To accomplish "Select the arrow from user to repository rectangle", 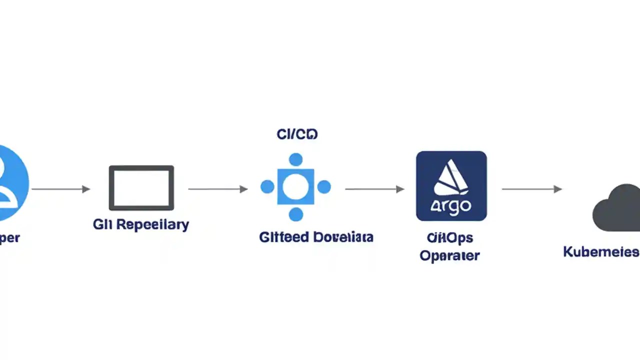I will [x=60, y=189].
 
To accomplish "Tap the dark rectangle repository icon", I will [x=141, y=188].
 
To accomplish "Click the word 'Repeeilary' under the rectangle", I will [x=153, y=224].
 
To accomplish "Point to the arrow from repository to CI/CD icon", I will [x=217, y=189].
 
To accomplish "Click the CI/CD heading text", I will [x=297, y=134].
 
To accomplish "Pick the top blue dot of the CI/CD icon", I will [x=296, y=159].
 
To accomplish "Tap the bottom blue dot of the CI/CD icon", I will [x=296, y=214].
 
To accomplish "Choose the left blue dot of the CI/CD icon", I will [x=267, y=187].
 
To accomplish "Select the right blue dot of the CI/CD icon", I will [x=324, y=187].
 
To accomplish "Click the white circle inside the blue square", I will [x=295, y=187].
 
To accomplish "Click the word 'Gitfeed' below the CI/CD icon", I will [x=283, y=236].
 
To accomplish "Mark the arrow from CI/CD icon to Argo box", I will [x=374, y=189].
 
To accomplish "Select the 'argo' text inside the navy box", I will [x=451, y=206].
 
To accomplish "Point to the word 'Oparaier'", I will [x=449, y=255].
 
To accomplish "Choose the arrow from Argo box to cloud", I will [x=531, y=189].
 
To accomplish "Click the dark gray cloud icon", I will [x=617, y=207].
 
